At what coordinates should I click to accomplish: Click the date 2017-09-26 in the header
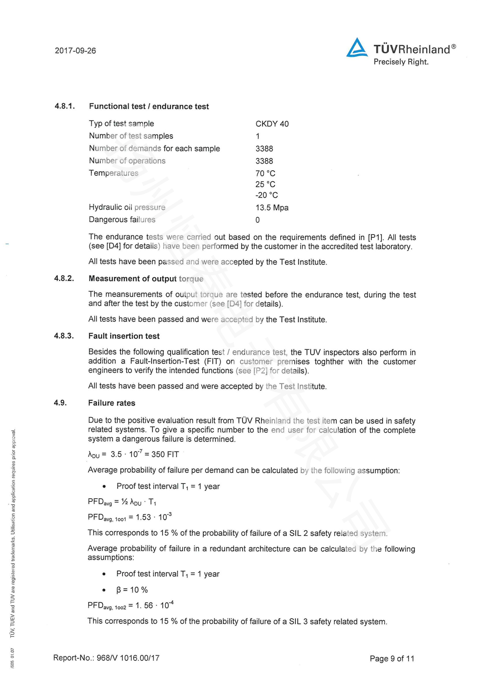click(x=75, y=51)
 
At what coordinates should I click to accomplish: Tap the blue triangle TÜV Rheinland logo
click(x=356, y=48)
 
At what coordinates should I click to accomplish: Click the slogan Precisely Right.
click(x=401, y=62)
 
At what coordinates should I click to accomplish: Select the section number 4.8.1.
click(x=65, y=106)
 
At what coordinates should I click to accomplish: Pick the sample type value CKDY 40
click(x=272, y=124)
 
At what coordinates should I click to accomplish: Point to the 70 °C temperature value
click(x=265, y=173)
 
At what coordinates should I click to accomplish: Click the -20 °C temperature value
click(x=266, y=195)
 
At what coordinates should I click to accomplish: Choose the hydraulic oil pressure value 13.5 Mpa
click(x=272, y=207)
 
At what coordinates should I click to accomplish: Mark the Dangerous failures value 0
click(x=257, y=220)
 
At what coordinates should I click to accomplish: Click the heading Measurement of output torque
click(x=146, y=278)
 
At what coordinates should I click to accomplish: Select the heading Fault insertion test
click(x=124, y=336)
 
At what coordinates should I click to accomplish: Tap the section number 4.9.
click(x=60, y=403)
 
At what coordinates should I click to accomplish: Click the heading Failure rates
click(x=112, y=403)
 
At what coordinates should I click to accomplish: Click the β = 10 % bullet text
click(x=132, y=590)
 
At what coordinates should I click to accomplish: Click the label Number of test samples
click(x=131, y=136)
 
